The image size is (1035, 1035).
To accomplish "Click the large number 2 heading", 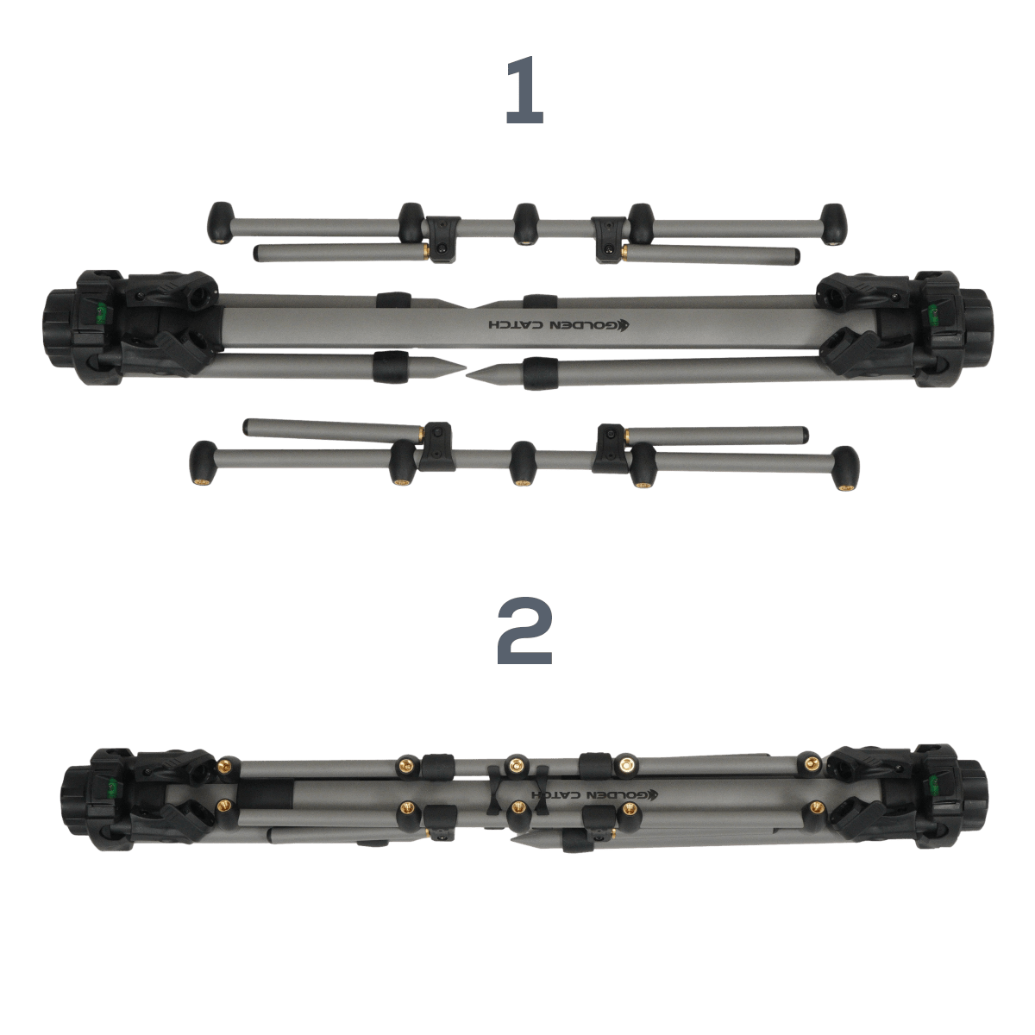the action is coord(524,630).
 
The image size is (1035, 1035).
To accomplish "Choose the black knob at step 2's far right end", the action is coord(973,800).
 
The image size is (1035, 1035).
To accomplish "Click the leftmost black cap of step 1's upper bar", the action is coord(220,223).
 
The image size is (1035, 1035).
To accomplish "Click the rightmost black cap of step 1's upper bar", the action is coord(833,224).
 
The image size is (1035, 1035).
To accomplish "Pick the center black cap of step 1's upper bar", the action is coord(525,223).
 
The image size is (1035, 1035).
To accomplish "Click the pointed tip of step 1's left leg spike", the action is coord(465,368).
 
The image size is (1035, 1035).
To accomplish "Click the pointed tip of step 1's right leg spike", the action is coord(467,374).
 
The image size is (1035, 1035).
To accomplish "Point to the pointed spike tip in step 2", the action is coord(511,838).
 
